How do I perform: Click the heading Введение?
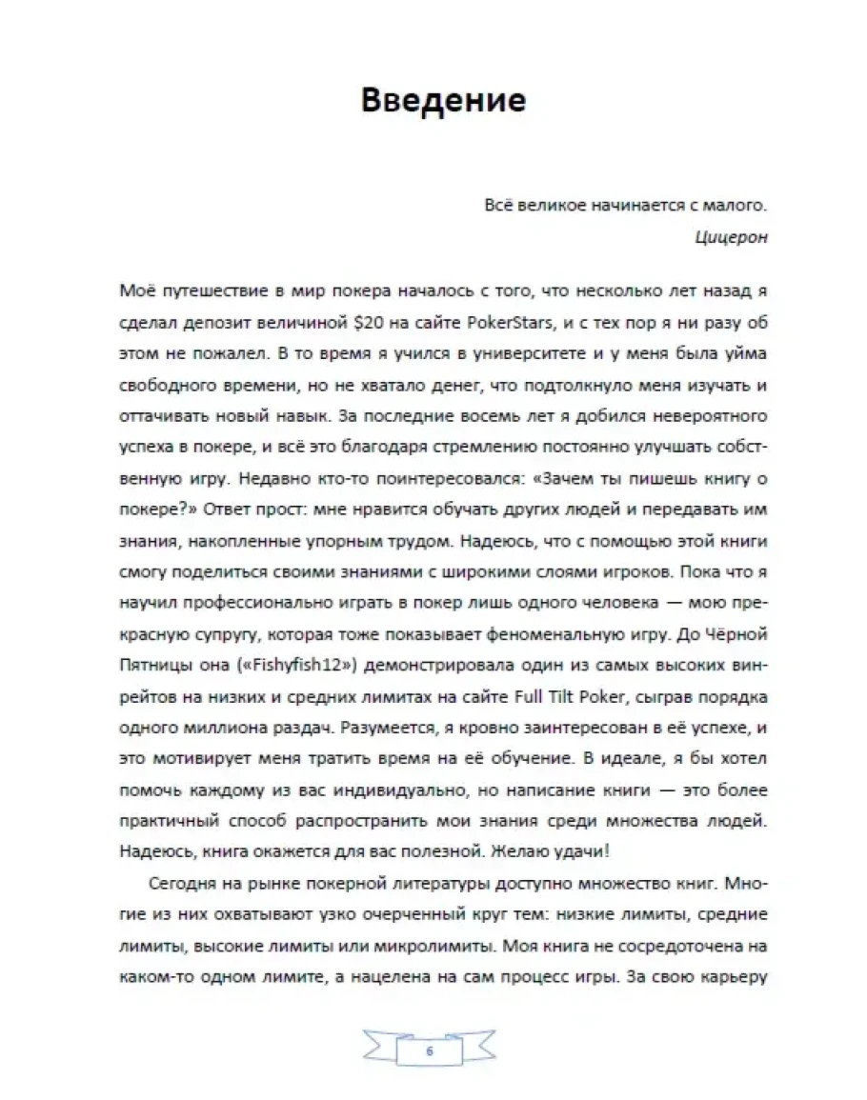tap(443, 99)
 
